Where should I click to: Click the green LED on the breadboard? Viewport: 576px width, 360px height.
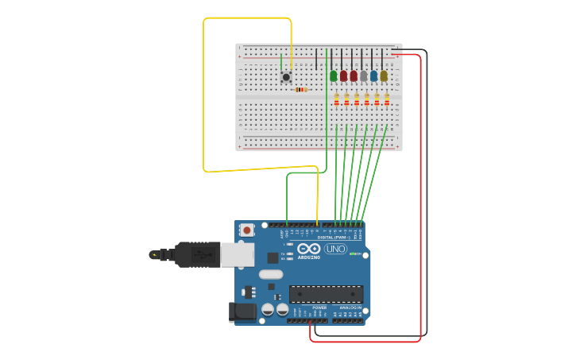tap(334, 76)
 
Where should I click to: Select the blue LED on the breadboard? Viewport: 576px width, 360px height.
tap(373, 76)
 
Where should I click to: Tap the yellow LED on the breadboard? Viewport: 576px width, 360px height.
tap(384, 76)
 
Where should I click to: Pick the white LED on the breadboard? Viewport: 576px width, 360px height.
tap(364, 76)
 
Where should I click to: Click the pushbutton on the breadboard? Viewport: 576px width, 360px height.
tap(286, 77)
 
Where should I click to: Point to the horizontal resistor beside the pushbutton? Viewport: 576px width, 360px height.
tap(301, 90)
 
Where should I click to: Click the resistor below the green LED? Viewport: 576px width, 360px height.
tap(336, 99)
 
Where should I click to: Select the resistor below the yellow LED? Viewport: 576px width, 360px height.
tap(387, 99)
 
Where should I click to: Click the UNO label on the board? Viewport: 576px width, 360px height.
tap(335, 249)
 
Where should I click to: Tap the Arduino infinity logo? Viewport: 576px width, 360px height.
tap(309, 249)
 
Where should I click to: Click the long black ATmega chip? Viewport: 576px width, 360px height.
tap(326, 294)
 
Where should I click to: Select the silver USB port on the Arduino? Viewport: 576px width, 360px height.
tap(237, 254)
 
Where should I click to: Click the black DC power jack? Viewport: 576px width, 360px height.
tap(242, 312)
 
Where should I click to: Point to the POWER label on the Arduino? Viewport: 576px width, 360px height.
tap(319, 308)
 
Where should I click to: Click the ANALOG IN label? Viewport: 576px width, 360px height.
tap(350, 308)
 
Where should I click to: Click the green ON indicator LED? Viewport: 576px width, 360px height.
tap(352, 254)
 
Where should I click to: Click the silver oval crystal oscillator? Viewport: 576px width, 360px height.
tap(270, 274)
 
